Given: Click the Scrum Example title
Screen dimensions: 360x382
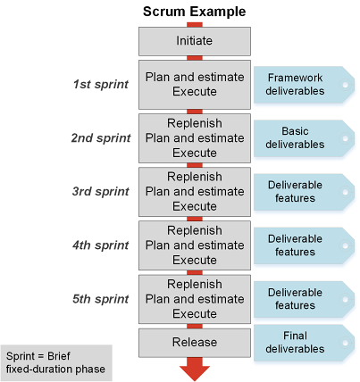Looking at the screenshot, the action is (194, 12).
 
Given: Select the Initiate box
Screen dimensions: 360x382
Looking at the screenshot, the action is (195, 41).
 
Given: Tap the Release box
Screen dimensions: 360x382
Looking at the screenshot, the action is (195, 343).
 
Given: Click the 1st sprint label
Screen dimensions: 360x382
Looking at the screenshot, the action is (101, 84).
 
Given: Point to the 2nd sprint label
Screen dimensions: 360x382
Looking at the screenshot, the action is (101, 138).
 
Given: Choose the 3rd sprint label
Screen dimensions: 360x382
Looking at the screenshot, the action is (101, 192).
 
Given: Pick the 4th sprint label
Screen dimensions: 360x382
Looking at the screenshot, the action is (101, 245).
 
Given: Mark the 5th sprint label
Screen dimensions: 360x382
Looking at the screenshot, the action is (101, 299).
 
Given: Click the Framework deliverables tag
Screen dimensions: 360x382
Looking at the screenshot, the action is (304, 85).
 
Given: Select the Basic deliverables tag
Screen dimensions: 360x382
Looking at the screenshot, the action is (304, 138).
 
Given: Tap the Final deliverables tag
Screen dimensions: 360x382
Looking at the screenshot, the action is (304, 343).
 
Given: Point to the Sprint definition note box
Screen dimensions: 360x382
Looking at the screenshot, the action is (56, 363).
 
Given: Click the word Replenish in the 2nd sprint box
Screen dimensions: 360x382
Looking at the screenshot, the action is (195, 123).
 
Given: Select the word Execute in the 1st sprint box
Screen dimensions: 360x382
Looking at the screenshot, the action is (195, 91).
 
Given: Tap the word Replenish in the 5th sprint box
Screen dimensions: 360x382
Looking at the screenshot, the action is (195, 284).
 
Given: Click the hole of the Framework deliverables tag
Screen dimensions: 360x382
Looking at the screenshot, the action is (346, 85).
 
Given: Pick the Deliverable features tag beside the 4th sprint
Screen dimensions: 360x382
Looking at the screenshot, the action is (304, 245).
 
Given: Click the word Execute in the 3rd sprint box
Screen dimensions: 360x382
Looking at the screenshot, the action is (195, 206).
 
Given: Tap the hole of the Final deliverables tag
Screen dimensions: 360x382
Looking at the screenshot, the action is (346, 343).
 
